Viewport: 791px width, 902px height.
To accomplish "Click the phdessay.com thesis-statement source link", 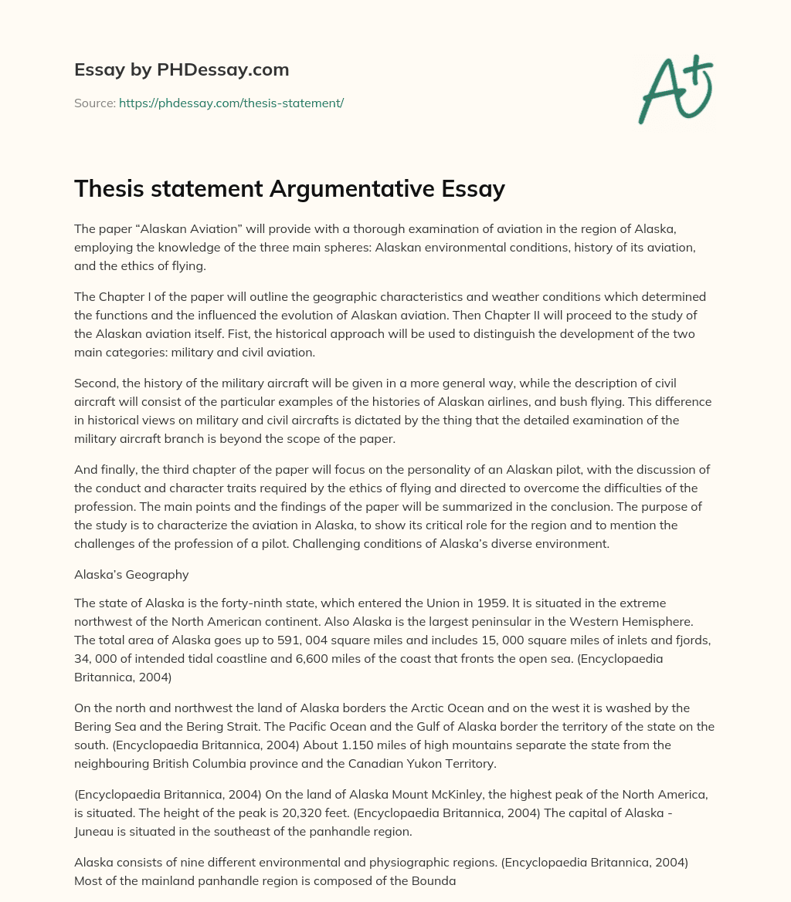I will (x=231, y=103).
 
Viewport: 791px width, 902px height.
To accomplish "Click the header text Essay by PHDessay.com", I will (x=182, y=70).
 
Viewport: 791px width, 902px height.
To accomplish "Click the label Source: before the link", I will (x=94, y=103).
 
